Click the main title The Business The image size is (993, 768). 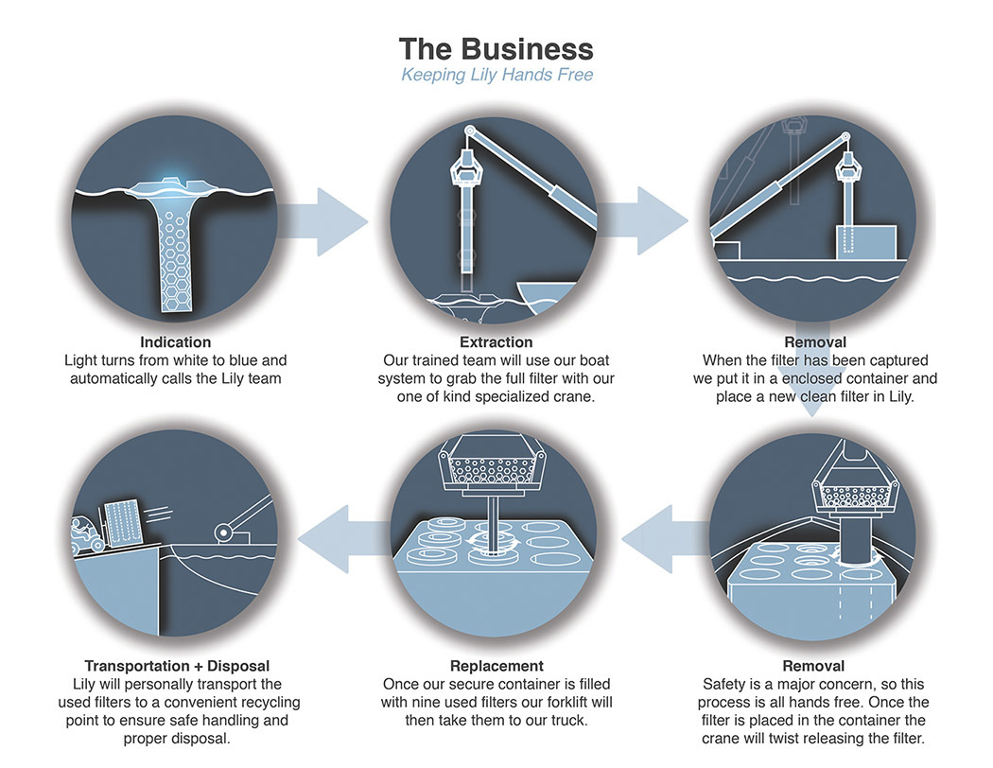coord(496,48)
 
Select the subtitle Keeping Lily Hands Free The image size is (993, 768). coord(496,74)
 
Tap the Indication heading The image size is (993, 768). coord(175,341)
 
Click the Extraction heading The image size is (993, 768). coord(496,341)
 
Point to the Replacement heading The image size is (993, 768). coord(496,666)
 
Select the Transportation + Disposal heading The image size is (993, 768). coord(177,666)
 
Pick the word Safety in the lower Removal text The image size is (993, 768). coord(725,684)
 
